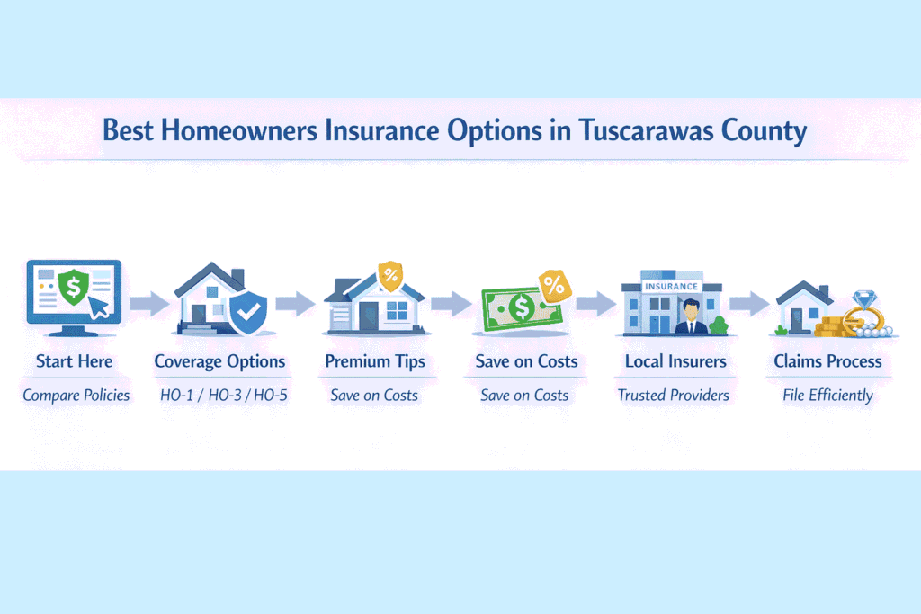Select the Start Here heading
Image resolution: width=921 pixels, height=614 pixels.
point(75,361)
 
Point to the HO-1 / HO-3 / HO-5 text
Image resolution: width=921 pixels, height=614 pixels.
point(220,395)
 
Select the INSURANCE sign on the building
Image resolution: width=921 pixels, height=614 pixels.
point(672,286)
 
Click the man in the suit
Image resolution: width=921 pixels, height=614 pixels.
point(691,316)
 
